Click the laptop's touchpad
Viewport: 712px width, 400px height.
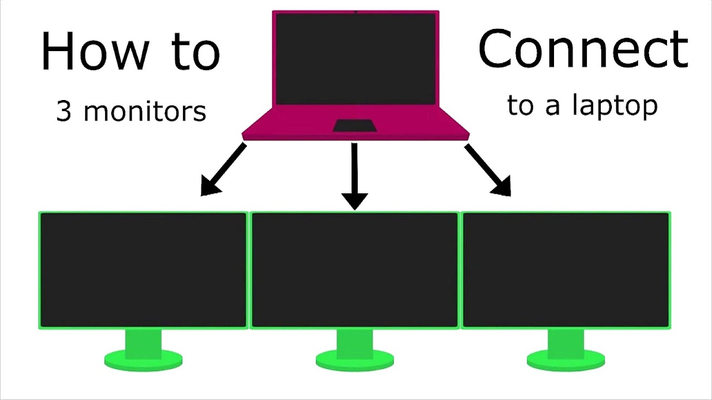click(355, 126)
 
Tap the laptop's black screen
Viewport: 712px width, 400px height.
click(355, 59)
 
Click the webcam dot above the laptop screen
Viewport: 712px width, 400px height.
click(355, 12)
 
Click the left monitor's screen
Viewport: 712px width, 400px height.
click(143, 270)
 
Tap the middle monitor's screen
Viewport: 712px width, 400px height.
click(355, 270)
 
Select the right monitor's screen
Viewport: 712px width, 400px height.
click(566, 270)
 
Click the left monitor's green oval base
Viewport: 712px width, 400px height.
click(143, 360)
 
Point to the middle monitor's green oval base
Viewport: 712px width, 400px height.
click(355, 360)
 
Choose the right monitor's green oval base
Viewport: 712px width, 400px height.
click(566, 360)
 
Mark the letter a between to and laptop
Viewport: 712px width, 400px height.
click(552, 107)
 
